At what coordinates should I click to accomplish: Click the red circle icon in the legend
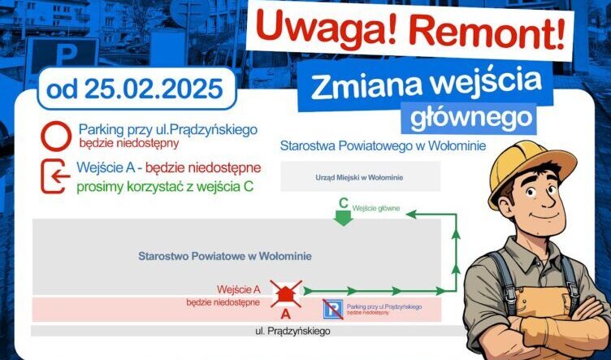(x=55, y=136)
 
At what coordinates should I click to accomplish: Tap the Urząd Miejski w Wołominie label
(x=359, y=176)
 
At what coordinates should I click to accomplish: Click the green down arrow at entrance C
(x=344, y=216)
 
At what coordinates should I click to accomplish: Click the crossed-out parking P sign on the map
(x=332, y=309)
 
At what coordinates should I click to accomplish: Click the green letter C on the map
(x=344, y=202)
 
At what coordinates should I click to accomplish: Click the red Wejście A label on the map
(x=239, y=289)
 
